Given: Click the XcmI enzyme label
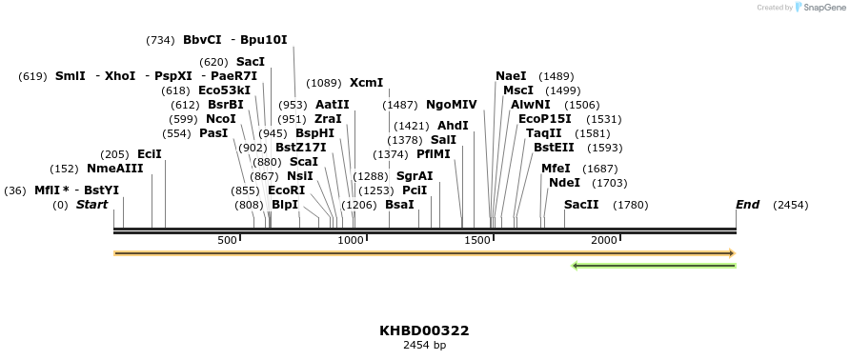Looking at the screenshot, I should (366, 83).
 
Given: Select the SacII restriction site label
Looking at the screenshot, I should (581, 205).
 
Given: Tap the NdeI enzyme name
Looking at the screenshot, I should (564, 183).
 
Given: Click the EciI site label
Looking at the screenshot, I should (150, 154).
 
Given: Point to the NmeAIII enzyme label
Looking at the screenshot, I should (114, 169).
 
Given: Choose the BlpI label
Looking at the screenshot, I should (285, 205).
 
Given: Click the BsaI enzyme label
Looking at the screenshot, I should (399, 205).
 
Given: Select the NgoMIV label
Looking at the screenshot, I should (452, 105).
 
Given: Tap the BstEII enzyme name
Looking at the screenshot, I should (554, 148).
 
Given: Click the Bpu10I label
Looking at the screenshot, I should (263, 40).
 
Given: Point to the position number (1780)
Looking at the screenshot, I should (630, 205).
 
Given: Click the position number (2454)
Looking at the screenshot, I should (790, 205).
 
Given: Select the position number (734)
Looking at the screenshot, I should (160, 40).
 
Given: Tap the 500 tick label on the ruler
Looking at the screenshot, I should (227, 240).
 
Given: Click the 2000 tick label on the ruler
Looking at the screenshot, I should (605, 240).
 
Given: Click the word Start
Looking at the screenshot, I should (91, 205).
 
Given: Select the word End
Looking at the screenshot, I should (747, 205).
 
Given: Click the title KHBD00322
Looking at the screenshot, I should (424, 330).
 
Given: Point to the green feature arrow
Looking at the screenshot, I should (654, 266).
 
